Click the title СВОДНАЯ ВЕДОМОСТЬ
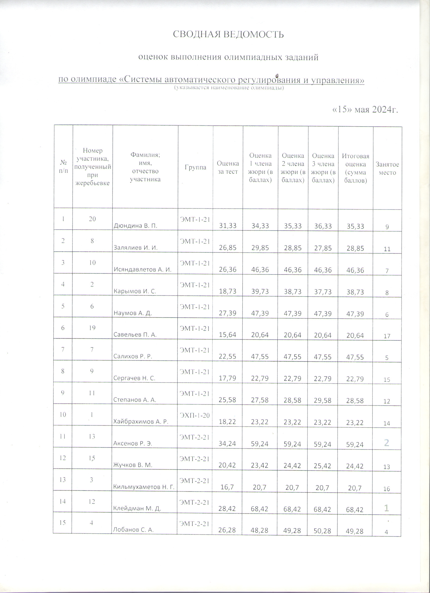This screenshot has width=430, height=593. pos(228,34)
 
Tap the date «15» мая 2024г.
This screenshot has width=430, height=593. pos(365,109)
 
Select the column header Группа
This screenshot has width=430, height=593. pos(195,167)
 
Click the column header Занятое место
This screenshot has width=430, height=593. pos(387,168)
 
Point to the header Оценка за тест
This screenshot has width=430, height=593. pos(228,167)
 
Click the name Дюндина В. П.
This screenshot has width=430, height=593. pos(135,226)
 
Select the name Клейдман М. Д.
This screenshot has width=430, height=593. pos(137,509)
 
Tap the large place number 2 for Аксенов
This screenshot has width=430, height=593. pos(387,442)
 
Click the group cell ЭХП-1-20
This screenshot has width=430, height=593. pos(195,415)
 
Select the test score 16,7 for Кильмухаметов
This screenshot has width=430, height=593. pos(227,487)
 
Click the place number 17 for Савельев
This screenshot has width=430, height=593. pos(387,336)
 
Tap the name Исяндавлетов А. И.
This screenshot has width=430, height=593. pos(142,270)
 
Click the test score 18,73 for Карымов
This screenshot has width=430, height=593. pos(227,291)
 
